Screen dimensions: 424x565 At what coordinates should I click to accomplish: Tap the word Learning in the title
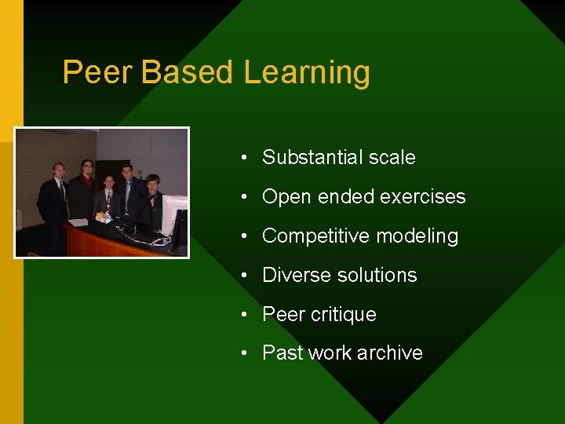(307, 72)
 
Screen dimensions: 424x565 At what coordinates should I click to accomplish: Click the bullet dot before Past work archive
(246, 353)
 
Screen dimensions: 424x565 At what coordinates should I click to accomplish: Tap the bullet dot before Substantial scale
(246, 157)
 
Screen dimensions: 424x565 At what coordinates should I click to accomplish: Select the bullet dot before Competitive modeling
(246, 236)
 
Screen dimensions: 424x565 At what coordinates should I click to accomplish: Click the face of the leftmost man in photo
(57, 170)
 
